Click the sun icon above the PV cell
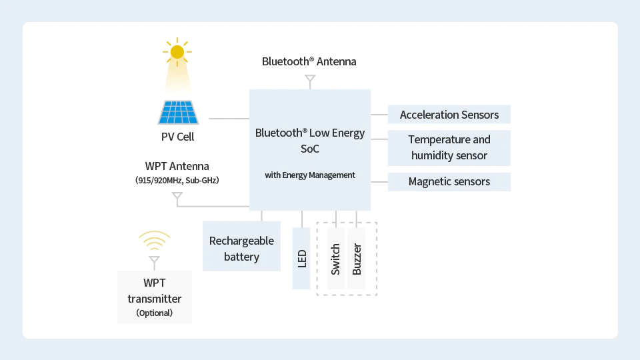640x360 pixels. pyautogui.click(x=177, y=52)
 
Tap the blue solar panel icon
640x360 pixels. pyautogui.click(x=178, y=112)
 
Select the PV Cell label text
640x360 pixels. pyautogui.click(x=178, y=137)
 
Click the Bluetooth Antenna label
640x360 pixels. pyautogui.click(x=309, y=61)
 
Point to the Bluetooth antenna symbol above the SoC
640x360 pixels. pyautogui.click(x=309, y=80)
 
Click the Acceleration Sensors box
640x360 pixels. pyautogui.click(x=449, y=115)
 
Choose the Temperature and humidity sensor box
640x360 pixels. pyautogui.click(x=449, y=147)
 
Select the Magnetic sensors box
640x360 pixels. pyautogui.click(x=449, y=181)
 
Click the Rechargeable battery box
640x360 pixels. pyautogui.click(x=241, y=249)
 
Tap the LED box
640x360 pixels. pyautogui.click(x=301, y=258)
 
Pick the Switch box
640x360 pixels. pyautogui.click(x=335, y=258)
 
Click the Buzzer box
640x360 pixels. pyautogui.click(x=357, y=258)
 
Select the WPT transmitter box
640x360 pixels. pyautogui.click(x=154, y=297)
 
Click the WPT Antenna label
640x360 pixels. pyautogui.click(x=177, y=166)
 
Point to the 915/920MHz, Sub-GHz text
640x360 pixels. pyautogui.click(x=177, y=180)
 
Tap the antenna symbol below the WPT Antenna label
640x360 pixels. pyautogui.click(x=177, y=197)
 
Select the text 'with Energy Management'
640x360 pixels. pyautogui.click(x=310, y=175)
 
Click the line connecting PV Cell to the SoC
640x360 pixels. pyautogui.click(x=229, y=119)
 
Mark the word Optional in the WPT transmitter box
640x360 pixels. pyautogui.click(x=154, y=313)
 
